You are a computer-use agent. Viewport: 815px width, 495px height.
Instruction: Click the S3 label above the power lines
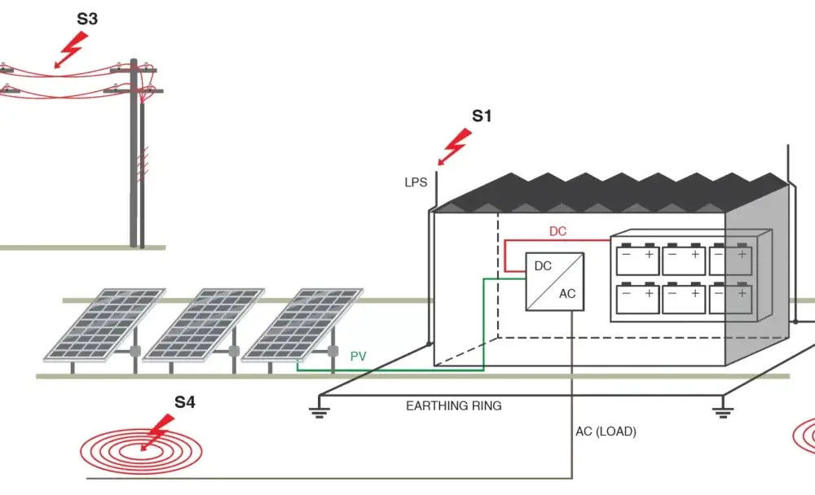(87, 19)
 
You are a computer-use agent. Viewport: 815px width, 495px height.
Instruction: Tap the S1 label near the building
(482, 116)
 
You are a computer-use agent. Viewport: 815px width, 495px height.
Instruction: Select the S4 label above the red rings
(184, 402)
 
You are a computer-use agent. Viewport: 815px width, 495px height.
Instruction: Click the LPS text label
(416, 182)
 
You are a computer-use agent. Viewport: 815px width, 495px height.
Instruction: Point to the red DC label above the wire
(557, 231)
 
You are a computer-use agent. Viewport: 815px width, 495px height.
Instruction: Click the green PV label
(358, 357)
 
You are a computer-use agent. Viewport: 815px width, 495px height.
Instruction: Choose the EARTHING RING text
(454, 405)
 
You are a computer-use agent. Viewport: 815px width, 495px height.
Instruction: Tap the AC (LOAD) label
(606, 431)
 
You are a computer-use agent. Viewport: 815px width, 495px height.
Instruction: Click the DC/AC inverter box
(554, 282)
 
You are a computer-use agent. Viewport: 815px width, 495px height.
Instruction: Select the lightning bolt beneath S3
(71, 50)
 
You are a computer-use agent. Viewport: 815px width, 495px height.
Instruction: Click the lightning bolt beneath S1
(455, 147)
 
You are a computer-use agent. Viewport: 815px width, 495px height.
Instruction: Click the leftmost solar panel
(105, 324)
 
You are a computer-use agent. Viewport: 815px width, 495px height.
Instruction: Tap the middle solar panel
(204, 324)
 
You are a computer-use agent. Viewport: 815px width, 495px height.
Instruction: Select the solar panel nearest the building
(302, 324)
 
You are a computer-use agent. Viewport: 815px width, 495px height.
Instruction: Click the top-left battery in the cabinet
(638, 259)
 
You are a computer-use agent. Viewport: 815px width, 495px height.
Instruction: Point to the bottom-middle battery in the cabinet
(684, 298)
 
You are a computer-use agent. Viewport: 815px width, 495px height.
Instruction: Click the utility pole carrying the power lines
(137, 153)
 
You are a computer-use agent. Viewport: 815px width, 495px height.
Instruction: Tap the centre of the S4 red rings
(141, 451)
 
